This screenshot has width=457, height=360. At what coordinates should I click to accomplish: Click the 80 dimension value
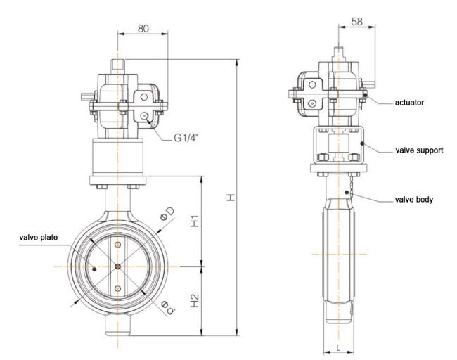click(143, 28)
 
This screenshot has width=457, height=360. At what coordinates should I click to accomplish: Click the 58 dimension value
click(357, 21)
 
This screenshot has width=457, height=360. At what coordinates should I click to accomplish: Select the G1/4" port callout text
click(186, 137)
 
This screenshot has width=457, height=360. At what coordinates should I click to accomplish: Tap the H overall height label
click(231, 197)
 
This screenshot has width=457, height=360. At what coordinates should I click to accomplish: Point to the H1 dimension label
click(194, 221)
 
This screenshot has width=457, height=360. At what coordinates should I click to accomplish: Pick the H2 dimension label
click(194, 300)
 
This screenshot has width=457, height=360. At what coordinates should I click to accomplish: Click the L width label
click(338, 347)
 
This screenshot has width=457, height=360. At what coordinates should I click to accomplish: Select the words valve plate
click(39, 237)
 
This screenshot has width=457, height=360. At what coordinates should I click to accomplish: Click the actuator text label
click(409, 103)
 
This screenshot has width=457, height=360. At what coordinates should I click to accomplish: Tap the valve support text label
click(419, 150)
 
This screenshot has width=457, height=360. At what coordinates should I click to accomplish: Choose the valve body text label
click(414, 200)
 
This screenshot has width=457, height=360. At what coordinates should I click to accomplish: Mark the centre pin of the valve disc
click(117, 266)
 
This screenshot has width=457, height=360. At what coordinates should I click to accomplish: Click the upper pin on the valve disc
click(117, 244)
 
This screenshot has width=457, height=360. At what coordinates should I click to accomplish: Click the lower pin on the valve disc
click(117, 288)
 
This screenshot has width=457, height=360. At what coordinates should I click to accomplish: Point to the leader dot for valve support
click(362, 143)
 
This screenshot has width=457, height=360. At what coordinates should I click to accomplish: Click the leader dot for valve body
click(347, 193)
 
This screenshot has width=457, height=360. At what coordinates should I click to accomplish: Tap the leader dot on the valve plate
click(94, 269)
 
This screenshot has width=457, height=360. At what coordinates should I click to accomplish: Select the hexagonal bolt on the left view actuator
click(143, 97)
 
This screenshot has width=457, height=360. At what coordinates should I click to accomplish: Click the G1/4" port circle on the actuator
click(143, 116)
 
